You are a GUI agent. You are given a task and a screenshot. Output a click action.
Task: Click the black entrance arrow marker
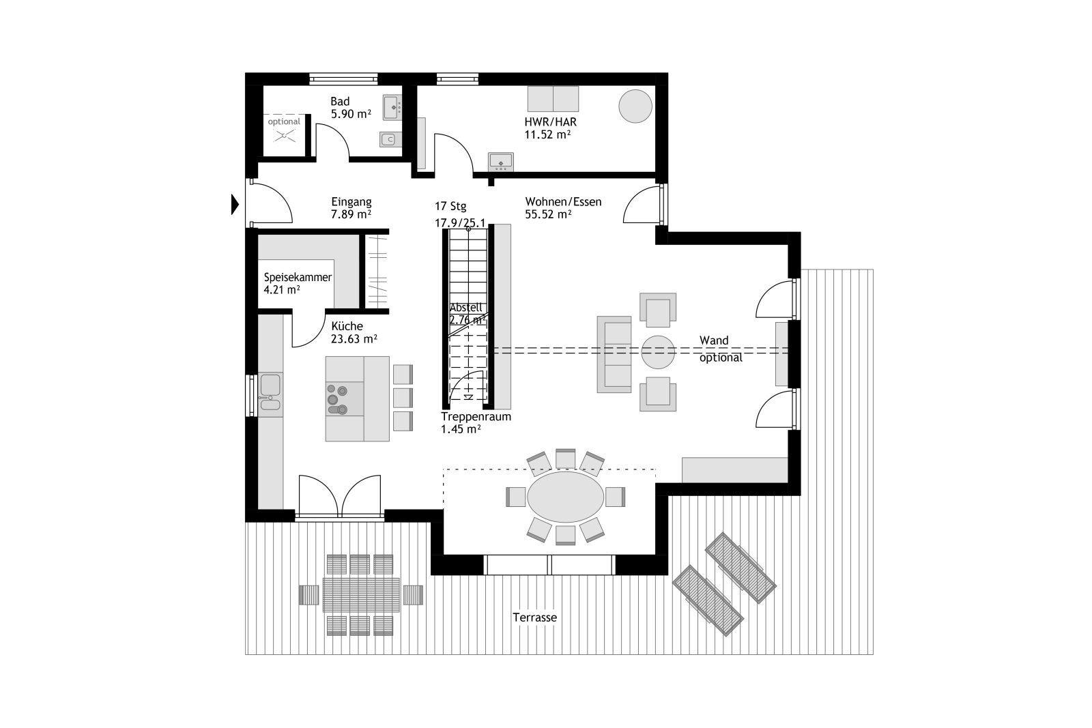click(x=235, y=205)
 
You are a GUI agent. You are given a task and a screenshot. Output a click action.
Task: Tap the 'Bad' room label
click(x=340, y=102)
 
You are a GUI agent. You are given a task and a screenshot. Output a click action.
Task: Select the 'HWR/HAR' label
click(x=550, y=122)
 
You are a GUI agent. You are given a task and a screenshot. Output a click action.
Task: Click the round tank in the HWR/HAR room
click(x=635, y=106)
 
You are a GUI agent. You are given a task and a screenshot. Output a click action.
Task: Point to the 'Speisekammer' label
click(x=298, y=277)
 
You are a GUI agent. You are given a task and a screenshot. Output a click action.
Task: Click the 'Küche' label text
click(x=347, y=326)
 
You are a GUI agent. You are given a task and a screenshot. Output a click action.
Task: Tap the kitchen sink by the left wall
click(x=270, y=392)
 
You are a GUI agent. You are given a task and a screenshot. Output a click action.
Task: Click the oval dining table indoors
click(x=566, y=497)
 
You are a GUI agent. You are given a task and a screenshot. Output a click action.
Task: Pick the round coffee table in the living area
click(x=658, y=352)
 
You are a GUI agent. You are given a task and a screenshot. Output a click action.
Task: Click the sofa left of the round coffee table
click(x=614, y=354)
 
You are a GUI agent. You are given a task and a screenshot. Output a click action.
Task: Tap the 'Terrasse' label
click(x=535, y=617)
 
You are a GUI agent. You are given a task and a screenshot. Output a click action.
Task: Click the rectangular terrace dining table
click(x=361, y=595)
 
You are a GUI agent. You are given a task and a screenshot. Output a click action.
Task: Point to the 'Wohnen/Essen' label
click(x=563, y=202)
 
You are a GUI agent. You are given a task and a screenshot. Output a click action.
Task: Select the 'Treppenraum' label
click(x=476, y=417)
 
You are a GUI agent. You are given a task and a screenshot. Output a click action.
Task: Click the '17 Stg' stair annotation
click(x=450, y=207)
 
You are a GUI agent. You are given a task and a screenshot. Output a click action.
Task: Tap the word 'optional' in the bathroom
click(x=284, y=121)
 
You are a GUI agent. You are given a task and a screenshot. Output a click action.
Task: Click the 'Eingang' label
click(x=351, y=202)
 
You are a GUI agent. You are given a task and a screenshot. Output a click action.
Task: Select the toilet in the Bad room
click(x=390, y=139)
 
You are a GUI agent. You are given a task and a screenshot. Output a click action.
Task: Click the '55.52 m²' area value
click(x=548, y=214)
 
